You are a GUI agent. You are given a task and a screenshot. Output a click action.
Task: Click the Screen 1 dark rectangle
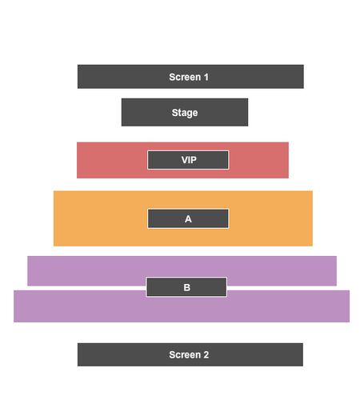190,77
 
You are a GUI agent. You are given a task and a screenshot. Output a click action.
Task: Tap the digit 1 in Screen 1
206,77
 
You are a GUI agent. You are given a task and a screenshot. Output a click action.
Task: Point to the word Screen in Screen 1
185,77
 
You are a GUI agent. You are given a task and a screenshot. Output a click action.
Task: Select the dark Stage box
185,112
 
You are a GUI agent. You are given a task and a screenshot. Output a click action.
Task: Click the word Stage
185,113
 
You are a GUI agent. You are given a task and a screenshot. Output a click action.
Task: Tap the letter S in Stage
175,112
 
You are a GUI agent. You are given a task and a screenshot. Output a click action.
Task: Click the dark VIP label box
188,160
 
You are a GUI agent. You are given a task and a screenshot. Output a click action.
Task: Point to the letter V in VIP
185,160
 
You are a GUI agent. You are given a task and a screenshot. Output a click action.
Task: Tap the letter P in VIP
194,160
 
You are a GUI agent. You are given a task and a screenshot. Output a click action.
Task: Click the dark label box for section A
188,219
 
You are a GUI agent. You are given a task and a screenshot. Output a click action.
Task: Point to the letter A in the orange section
188,219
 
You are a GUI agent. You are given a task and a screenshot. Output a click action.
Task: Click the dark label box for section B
186,287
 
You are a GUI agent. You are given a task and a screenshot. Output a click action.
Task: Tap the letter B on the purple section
187,287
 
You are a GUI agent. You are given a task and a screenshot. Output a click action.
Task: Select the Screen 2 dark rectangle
190,354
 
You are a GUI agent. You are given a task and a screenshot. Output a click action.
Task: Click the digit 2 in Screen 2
206,355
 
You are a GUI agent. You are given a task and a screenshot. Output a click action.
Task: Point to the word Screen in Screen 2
185,355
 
